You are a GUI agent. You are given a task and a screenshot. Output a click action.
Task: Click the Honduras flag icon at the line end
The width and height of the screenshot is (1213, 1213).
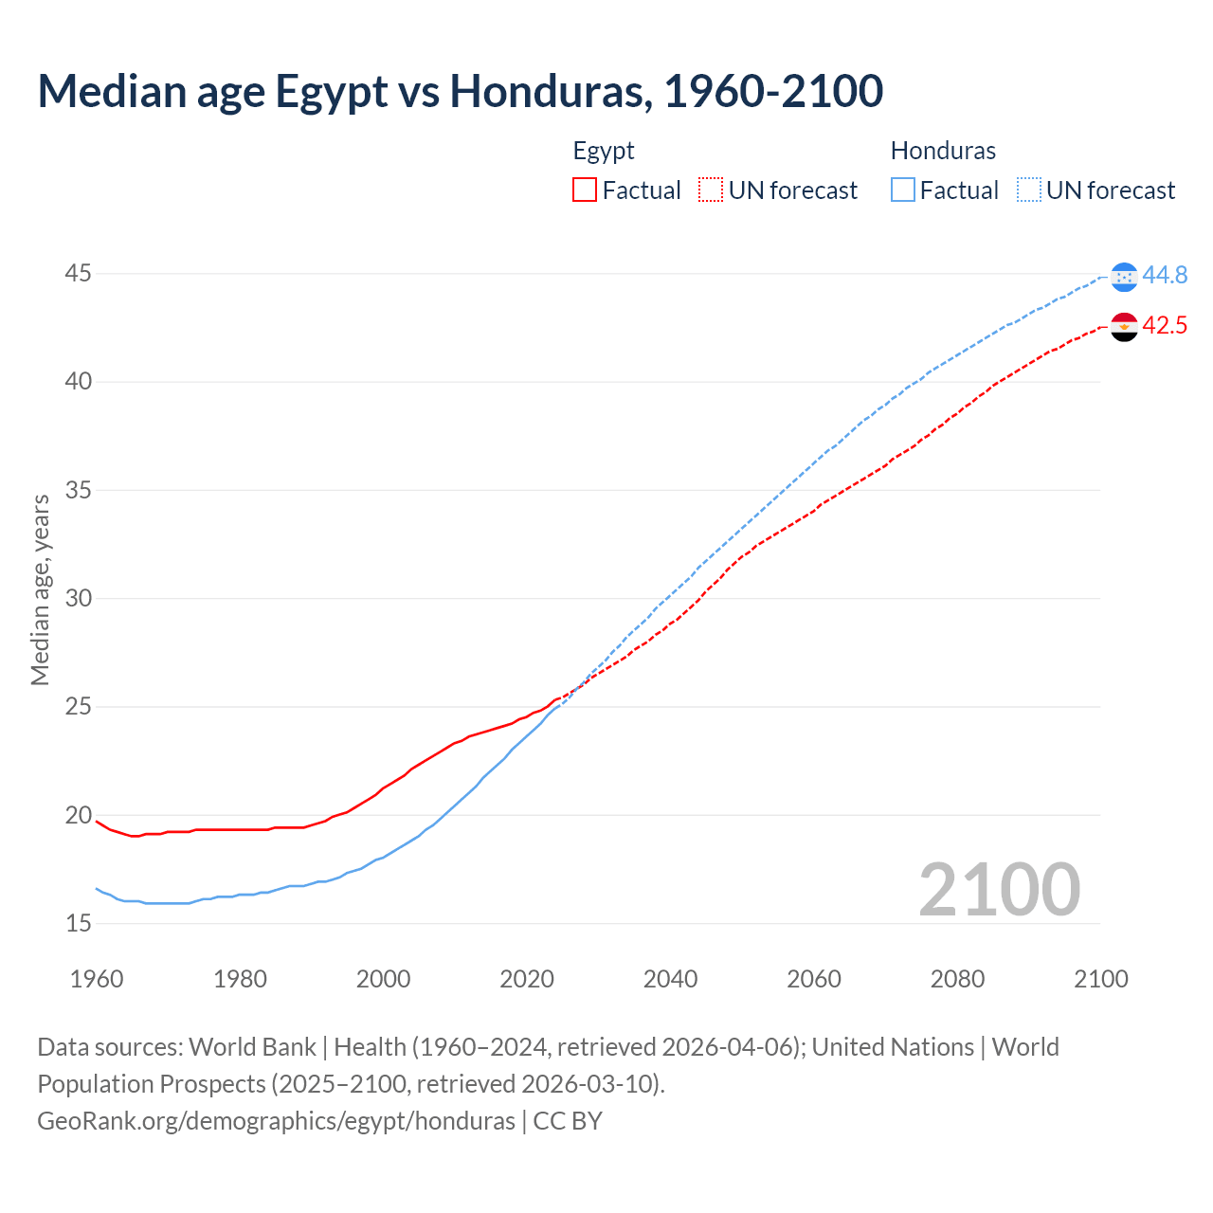pos(1124,276)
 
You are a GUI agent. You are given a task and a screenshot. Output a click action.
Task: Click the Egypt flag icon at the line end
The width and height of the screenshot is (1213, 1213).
pos(1124,326)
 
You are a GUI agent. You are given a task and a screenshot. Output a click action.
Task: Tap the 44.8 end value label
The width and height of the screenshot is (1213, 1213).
pos(1165,275)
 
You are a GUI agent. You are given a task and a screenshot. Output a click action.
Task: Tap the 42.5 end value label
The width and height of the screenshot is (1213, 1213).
pos(1165,325)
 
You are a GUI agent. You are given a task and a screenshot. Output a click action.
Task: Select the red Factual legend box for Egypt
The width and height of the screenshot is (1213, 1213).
pos(585,190)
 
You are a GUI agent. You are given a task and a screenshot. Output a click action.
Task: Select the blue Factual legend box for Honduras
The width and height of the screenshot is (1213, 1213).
pos(903,190)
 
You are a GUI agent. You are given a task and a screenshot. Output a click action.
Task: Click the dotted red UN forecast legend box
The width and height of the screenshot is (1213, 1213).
pos(711,190)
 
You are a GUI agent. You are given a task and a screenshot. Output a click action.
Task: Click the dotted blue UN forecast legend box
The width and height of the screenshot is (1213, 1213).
pos(1029,190)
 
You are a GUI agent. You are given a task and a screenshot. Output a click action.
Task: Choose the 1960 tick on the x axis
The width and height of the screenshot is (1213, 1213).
pos(97,979)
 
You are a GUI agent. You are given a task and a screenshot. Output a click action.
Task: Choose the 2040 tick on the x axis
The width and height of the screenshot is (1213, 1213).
pos(670,979)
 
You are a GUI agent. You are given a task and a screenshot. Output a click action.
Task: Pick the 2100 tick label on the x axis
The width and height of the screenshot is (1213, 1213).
pos(1100,979)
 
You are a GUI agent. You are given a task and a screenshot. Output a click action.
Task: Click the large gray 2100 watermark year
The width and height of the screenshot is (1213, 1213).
pos(999,889)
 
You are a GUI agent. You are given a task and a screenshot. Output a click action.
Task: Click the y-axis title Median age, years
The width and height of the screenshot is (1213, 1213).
pos(40,589)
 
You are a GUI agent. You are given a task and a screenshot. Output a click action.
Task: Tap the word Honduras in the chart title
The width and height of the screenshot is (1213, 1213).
pos(550,91)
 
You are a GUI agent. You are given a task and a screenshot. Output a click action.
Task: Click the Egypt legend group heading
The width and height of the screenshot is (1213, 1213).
pos(604,151)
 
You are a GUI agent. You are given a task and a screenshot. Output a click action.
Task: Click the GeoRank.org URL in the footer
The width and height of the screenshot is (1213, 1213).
pos(276,1120)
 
